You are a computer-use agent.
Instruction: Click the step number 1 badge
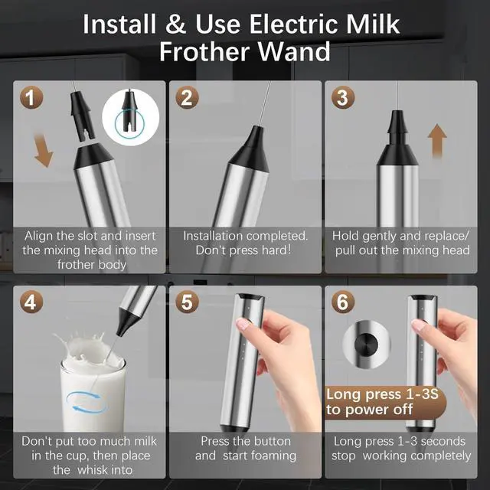pos(31,98)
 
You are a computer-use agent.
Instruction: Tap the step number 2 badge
pos(187,98)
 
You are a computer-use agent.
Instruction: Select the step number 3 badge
pos(343,98)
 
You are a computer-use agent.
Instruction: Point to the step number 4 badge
pos(31,302)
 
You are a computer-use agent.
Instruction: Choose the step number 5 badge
pos(187,302)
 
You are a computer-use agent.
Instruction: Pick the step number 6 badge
pos(343,302)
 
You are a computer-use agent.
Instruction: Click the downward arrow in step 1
pos(43,150)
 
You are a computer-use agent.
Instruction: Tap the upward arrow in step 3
pos(437,141)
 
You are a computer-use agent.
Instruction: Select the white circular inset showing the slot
pos(131,117)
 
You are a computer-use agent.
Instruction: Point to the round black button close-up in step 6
pos(366,345)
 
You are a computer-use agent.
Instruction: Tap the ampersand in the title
pos(176,24)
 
